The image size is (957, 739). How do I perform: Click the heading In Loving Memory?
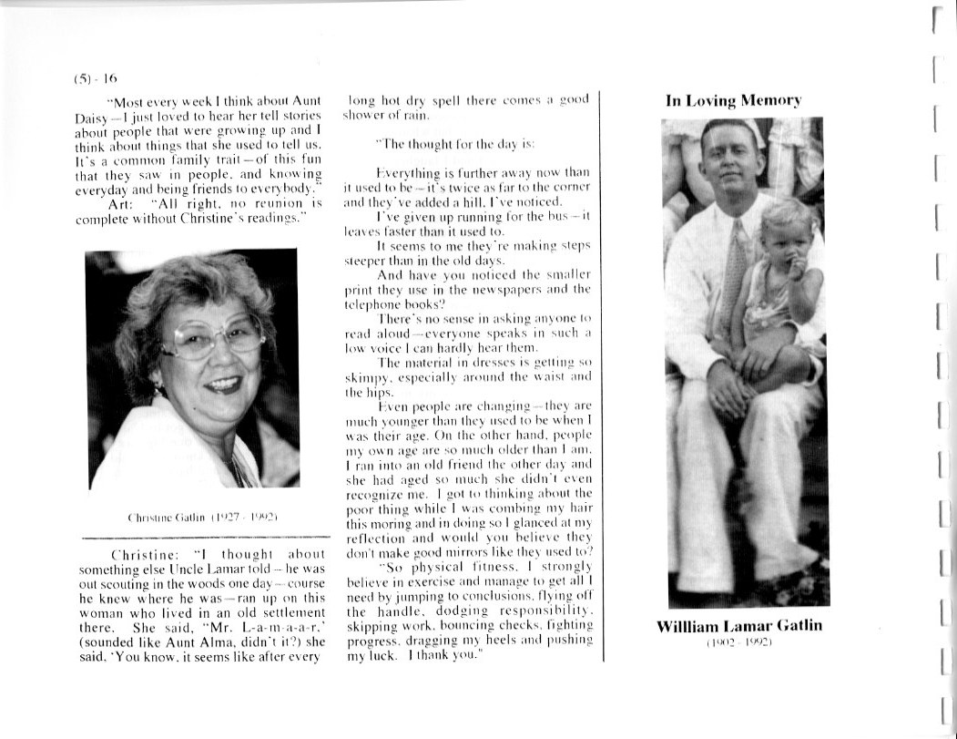733,101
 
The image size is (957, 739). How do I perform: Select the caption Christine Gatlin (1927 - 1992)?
191,519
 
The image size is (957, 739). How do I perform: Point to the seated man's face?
730,164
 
